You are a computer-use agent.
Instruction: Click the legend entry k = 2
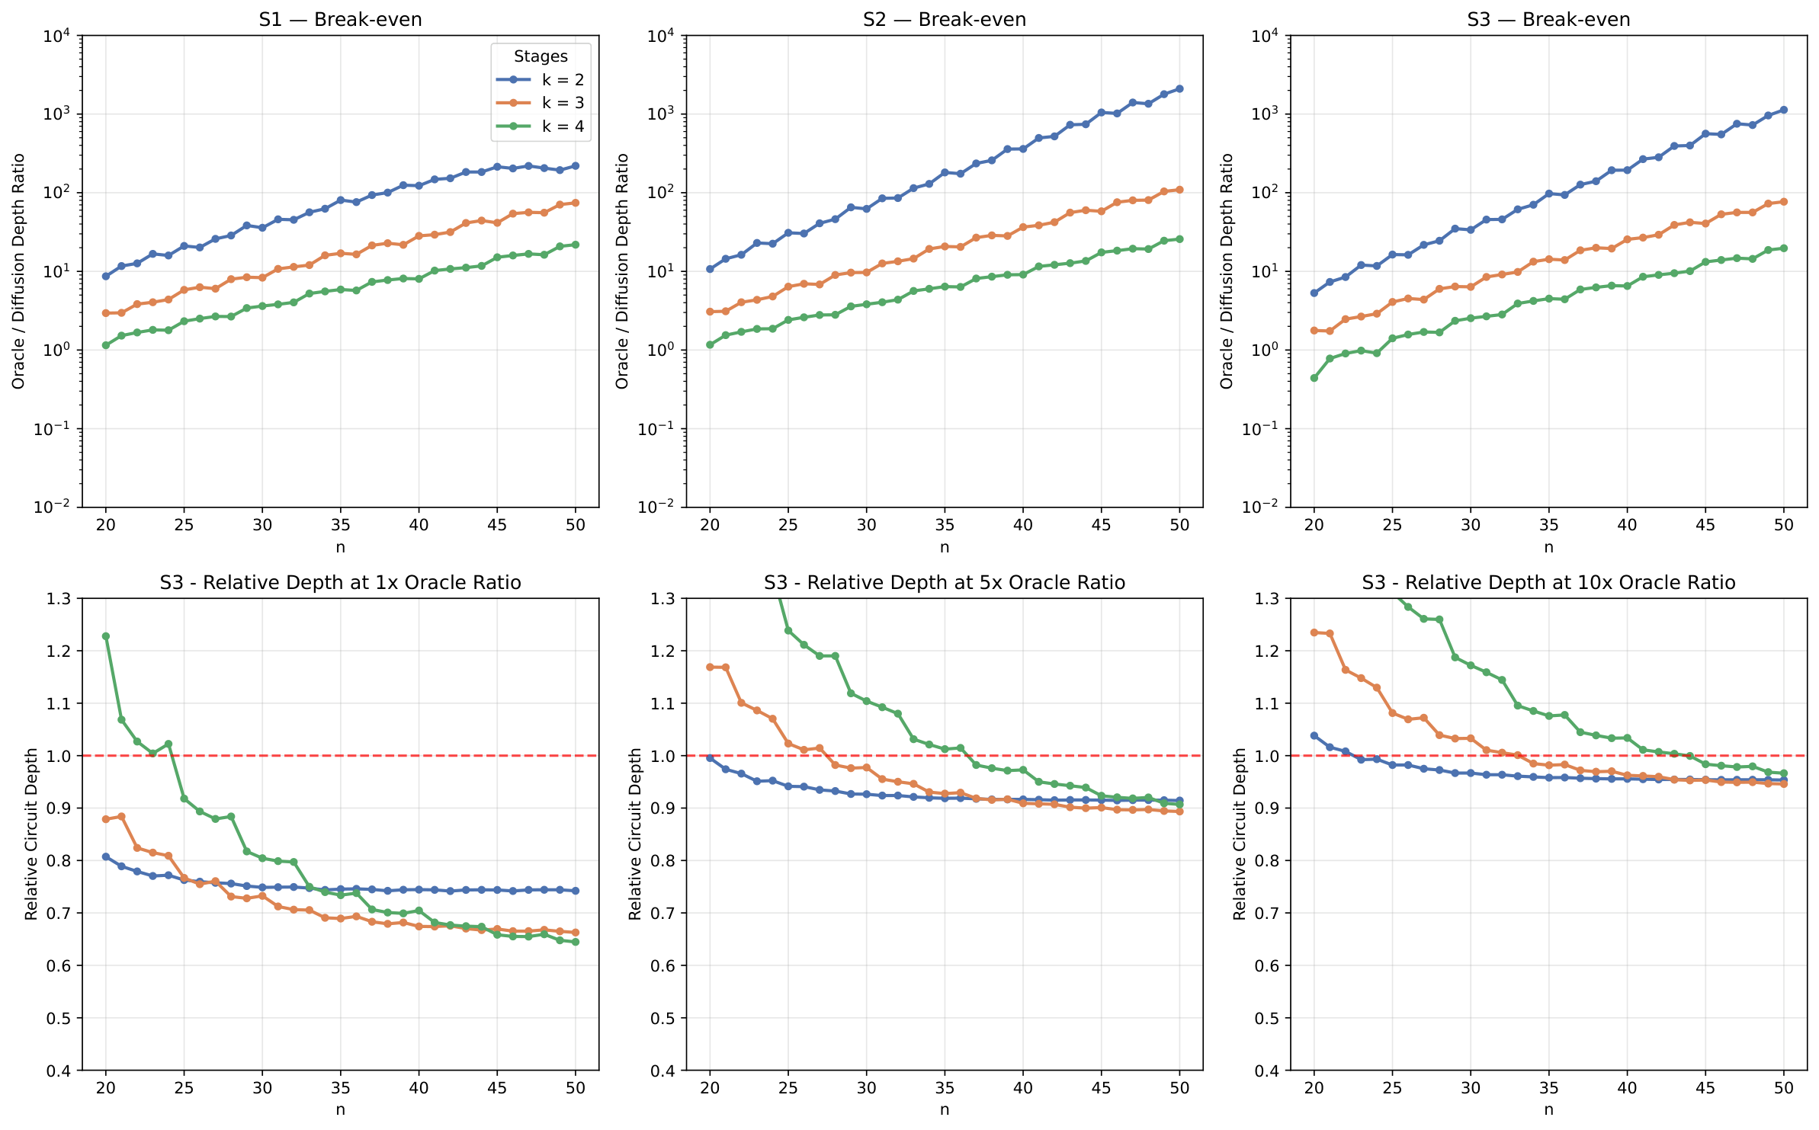[x=563, y=80]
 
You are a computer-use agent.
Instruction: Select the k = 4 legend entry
[x=563, y=126]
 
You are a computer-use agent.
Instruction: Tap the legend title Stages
[x=541, y=56]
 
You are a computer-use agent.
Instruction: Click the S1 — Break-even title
[x=340, y=19]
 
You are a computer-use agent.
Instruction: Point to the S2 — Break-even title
[x=944, y=19]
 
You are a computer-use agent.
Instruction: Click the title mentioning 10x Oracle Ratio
[x=1548, y=583]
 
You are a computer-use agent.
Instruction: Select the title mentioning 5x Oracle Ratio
[x=944, y=583]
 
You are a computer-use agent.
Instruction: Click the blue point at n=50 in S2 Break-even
[x=1179, y=89]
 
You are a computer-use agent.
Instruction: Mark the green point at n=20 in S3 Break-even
[x=1314, y=378]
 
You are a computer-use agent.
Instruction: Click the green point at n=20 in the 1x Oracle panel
[x=106, y=636]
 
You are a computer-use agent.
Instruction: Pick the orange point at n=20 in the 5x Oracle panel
[x=710, y=667]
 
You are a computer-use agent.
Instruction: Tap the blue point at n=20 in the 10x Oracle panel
[x=1314, y=736]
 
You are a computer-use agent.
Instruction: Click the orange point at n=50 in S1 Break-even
[x=576, y=203]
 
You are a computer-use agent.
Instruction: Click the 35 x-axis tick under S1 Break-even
[x=340, y=525]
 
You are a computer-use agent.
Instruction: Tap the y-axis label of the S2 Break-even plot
[x=622, y=271]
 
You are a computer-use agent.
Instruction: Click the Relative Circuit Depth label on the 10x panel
[x=1240, y=834]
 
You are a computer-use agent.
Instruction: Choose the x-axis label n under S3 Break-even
[x=1548, y=547]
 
